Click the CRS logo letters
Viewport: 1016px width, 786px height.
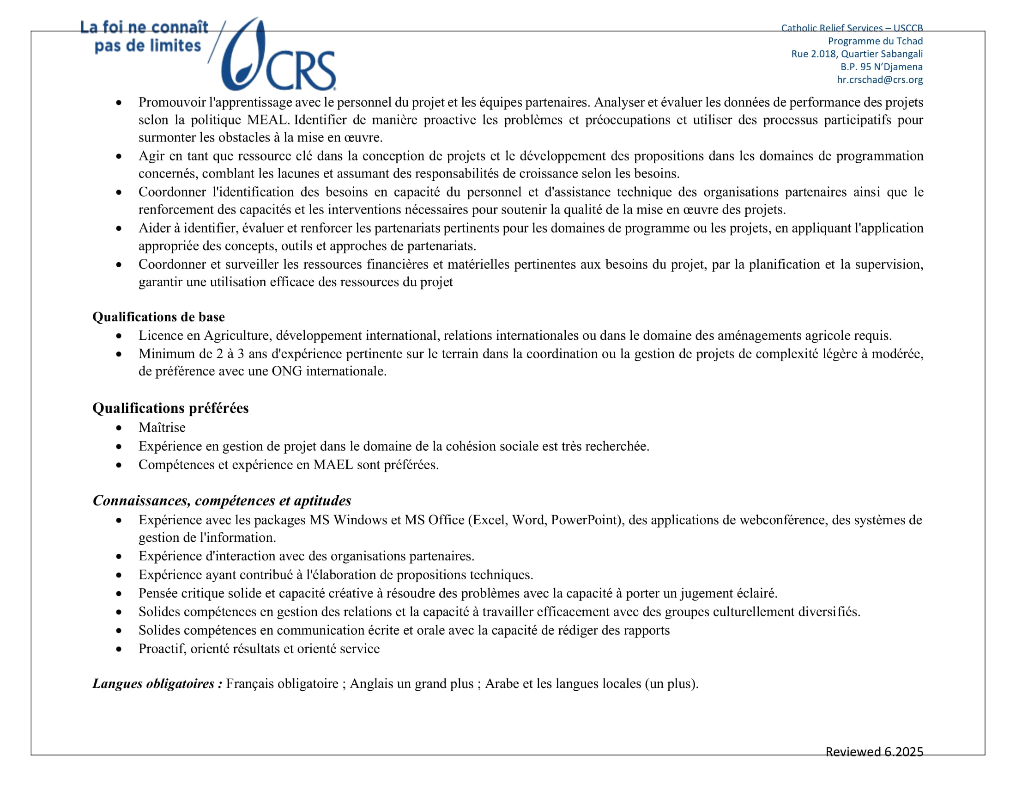click(301, 71)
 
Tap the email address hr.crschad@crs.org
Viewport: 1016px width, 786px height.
click(879, 80)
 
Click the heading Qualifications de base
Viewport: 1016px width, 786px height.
click(158, 317)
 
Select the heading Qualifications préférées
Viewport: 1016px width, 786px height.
click(170, 408)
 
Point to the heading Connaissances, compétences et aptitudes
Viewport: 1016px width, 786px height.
click(222, 500)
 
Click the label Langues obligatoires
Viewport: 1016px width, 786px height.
click(157, 683)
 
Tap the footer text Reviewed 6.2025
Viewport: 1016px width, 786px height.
click(874, 751)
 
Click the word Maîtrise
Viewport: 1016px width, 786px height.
click(162, 427)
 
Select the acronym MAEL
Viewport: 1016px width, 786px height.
click(333, 464)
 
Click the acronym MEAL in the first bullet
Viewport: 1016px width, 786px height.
click(267, 120)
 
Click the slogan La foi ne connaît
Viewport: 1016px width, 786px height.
click(144, 27)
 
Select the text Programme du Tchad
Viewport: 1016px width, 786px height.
click(875, 41)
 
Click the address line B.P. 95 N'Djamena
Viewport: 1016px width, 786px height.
click(881, 67)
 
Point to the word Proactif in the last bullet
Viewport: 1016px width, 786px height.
click(163, 648)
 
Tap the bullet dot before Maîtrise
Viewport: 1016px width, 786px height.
click(119, 428)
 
